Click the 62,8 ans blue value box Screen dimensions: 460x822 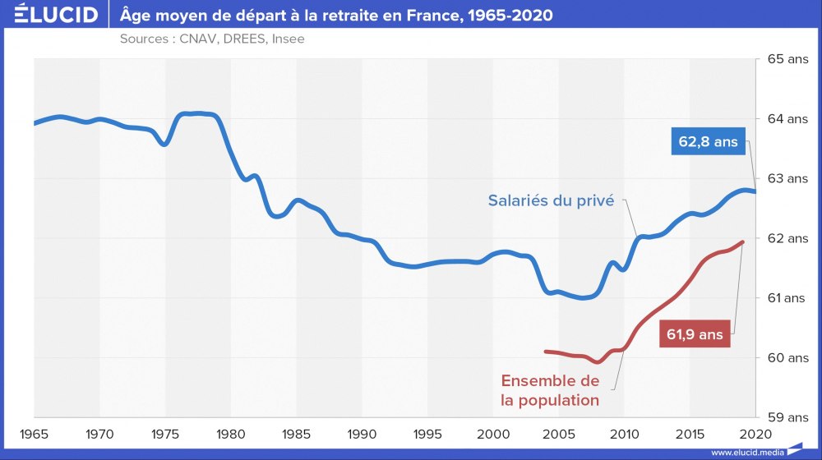pyautogui.click(x=708, y=142)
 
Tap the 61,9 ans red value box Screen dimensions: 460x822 pyautogui.click(x=695, y=334)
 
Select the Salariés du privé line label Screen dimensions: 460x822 pyautogui.click(x=551, y=200)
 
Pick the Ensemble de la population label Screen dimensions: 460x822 pyautogui.click(x=550, y=391)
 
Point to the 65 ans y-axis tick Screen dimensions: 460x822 pyautogui.click(x=787, y=59)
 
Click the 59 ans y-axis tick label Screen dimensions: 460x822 pyautogui.click(x=787, y=417)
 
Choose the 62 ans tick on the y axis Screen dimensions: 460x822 pyautogui.click(x=787, y=238)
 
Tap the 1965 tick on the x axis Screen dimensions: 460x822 pyautogui.click(x=34, y=433)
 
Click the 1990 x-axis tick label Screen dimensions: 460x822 pyautogui.click(x=362, y=433)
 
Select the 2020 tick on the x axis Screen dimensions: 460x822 pyautogui.click(x=755, y=433)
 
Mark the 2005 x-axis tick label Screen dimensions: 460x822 pyautogui.click(x=558, y=433)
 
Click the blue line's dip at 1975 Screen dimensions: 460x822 pyautogui.click(x=164, y=144)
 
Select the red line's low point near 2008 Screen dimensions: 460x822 pyautogui.click(x=598, y=361)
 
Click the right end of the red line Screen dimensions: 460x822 pyautogui.click(x=742, y=241)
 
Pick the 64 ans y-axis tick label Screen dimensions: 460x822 pyautogui.click(x=787, y=119)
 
